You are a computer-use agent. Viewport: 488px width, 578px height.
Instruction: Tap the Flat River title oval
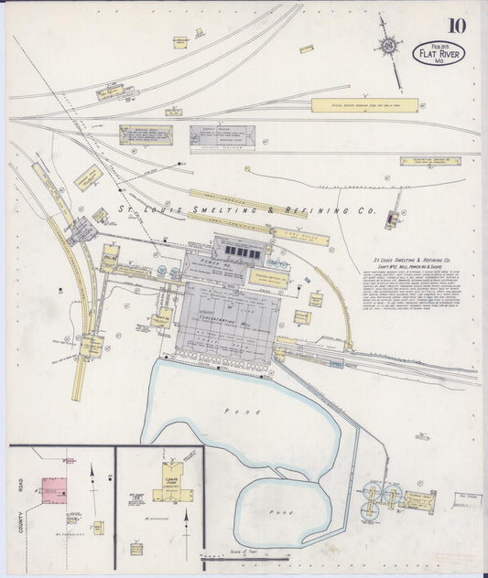point(439,53)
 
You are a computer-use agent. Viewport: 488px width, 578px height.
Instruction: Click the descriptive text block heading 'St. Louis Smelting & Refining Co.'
point(415,259)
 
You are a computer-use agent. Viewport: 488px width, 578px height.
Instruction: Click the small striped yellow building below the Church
point(136,549)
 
